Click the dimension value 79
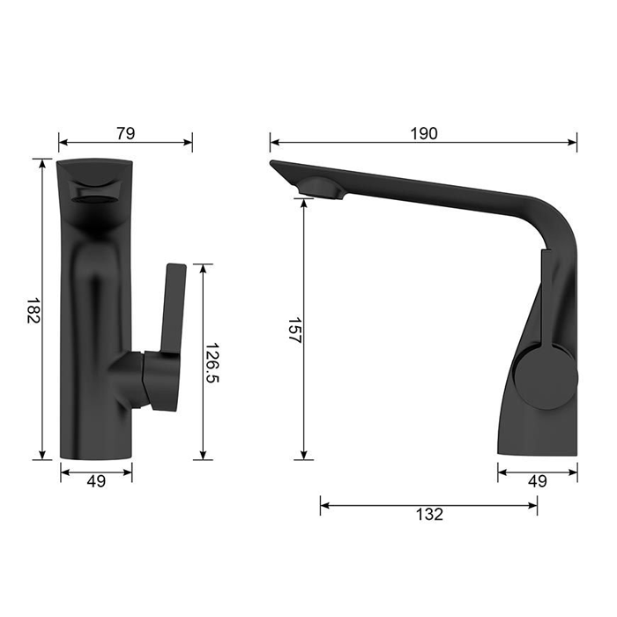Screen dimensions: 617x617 point(126,133)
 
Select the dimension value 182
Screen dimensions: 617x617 point(33,310)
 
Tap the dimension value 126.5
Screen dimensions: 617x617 point(212,362)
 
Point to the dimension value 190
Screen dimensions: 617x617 point(424,134)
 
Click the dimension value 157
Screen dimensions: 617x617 point(294,331)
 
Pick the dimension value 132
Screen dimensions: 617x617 point(429,514)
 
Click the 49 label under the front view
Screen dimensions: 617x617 point(96,481)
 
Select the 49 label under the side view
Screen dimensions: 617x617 point(538,481)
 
